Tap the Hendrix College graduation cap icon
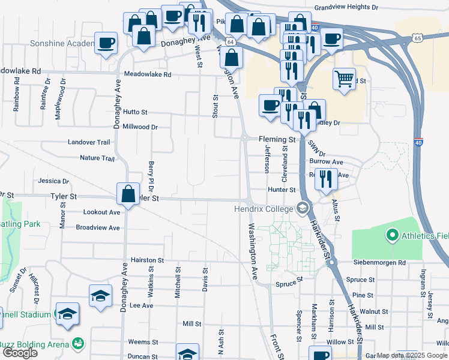[x=303, y=209]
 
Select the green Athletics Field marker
[x=393, y=235]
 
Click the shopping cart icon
[x=343, y=78]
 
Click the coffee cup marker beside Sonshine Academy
[x=106, y=43]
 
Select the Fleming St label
[x=278, y=139]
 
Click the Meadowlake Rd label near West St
[x=148, y=74]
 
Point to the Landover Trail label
[x=89, y=142]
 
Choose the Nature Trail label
[x=97, y=158]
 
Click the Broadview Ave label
[x=97, y=228]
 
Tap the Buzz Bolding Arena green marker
[x=77, y=343]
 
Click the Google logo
[x=20, y=353]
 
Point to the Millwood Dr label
[x=139, y=127]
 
